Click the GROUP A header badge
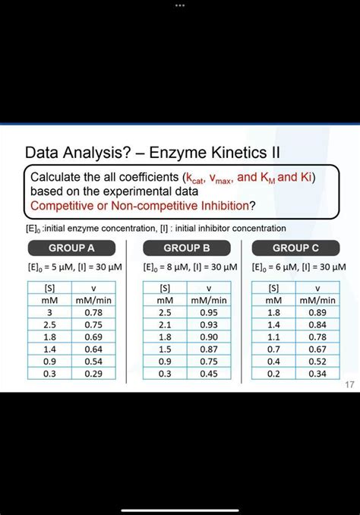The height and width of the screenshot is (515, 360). coord(71,248)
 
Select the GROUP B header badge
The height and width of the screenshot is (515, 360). coord(187,248)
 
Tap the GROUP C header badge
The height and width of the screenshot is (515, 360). coord(295,248)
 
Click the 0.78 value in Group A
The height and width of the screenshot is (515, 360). coord(93,312)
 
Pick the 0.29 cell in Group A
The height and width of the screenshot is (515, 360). coord(93,374)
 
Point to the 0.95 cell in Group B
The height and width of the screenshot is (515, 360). coord(209,312)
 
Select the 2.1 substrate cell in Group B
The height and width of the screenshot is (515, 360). coord(165,324)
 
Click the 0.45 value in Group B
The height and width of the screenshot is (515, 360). coord(209,374)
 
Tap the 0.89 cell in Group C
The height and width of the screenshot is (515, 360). coord(317,312)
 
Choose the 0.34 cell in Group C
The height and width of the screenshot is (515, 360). coord(317,374)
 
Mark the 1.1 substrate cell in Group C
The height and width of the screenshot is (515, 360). coord(273,337)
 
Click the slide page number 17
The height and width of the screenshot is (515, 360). coord(350,384)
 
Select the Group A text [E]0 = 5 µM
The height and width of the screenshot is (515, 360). coord(51,267)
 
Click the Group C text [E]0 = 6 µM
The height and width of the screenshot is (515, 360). coord(275,267)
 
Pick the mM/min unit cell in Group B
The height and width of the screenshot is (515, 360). coord(209,300)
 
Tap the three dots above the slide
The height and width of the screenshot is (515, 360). coord(180,5)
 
